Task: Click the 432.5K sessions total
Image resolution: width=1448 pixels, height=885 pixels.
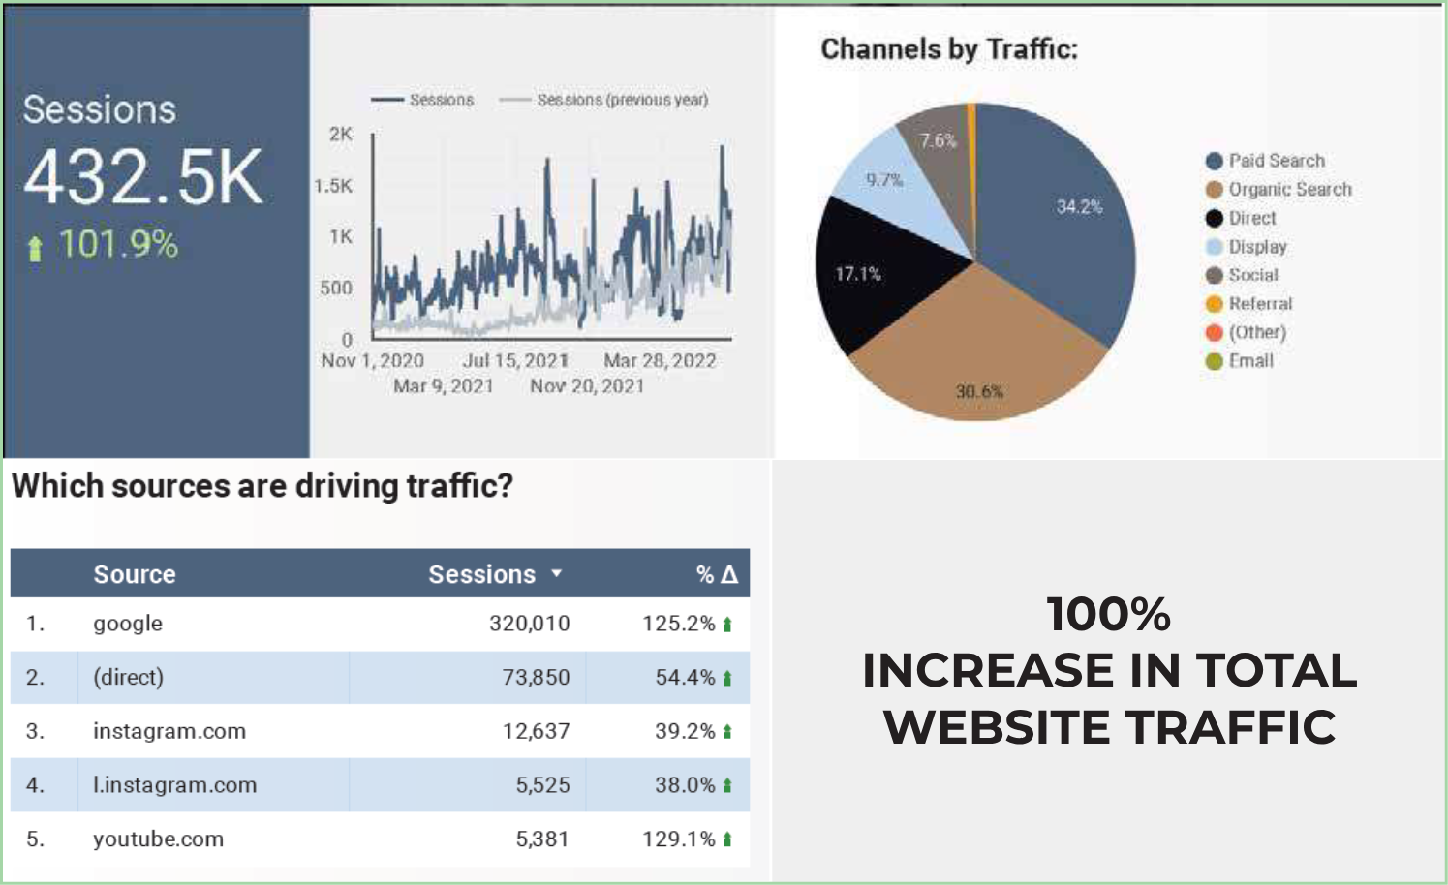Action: [143, 177]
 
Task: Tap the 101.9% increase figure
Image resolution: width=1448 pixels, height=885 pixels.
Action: [117, 244]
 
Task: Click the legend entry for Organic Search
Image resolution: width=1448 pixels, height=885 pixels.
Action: [1289, 190]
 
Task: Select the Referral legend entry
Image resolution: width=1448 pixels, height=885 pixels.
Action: [1260, 304]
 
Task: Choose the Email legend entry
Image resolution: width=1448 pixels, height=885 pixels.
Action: [1250, 361]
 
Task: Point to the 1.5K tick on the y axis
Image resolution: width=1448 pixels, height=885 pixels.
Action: [333, 186]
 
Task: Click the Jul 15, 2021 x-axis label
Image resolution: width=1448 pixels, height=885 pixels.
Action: [515, 361]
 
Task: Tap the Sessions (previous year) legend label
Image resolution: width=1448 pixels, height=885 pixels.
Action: [622, 100]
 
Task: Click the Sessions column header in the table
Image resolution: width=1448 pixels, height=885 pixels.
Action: [482, 574]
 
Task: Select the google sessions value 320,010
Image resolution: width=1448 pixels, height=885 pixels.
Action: [529, 624]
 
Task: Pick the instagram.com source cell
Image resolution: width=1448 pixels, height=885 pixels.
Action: [169, 731]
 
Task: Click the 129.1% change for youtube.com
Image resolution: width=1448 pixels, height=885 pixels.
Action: [678, 839]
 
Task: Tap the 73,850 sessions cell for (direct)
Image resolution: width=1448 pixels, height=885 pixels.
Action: [536, 678]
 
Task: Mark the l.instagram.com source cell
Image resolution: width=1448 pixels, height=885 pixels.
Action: [174, 785]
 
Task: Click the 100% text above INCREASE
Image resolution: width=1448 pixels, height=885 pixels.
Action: [1108, 614]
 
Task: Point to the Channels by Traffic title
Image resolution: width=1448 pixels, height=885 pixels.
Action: [949, 49]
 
